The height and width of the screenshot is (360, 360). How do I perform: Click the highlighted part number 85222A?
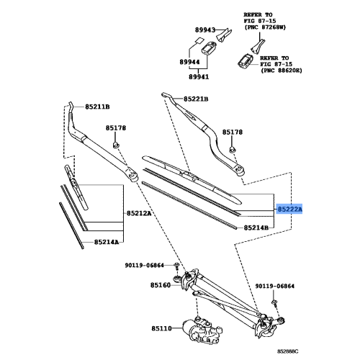pyautogui.click(x=290, y=208)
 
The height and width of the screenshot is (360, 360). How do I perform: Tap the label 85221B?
pyautogui.click(x=194, y=99)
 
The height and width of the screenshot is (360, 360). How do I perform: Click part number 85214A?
pyautogui.click(x=107, y=242)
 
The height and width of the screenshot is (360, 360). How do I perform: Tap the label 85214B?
pyautogui.click(x=256, y=228)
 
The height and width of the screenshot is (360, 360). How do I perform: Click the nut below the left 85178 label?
pyautogui.click(x=117, y=146)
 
